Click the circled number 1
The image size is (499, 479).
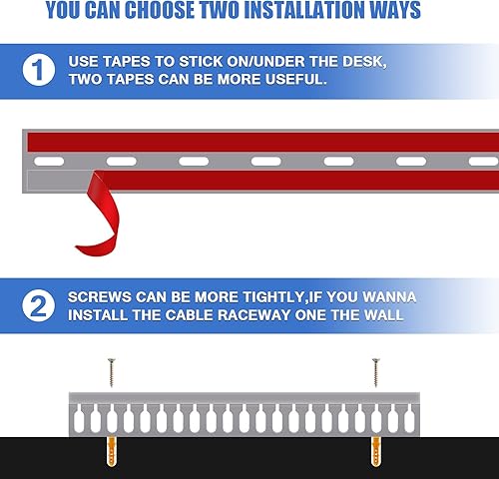[x=39, y=70]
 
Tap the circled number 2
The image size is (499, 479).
[x=39, y=305]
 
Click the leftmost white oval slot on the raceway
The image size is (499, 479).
[x=49, y=162]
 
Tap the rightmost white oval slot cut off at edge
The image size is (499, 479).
[x=483, y=162]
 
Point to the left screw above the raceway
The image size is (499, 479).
[x=112, y=372]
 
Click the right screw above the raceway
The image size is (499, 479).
[x=376, y=372]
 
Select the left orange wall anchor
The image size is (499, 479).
[x=112, y=452]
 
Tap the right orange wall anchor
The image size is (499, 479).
[x=376, y=452]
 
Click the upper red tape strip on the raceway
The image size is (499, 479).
[x=263, y=143]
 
